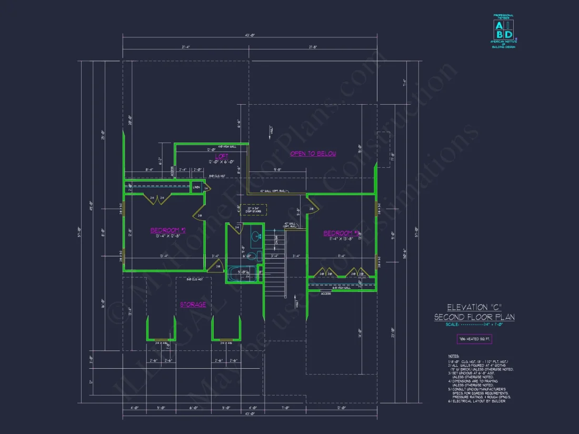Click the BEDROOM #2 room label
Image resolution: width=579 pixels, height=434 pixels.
[168, 230]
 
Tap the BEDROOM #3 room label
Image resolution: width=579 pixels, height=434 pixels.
[341, 233]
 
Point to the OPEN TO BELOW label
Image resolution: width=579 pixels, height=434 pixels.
[313, 154]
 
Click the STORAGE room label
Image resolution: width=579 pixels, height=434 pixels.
[193, 305]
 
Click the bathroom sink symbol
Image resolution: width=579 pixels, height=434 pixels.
[256, 237]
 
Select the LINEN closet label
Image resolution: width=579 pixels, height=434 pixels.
[196, 187]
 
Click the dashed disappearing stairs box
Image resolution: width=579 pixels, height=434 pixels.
[253, 210]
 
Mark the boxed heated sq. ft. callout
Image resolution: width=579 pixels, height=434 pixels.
[474, 339]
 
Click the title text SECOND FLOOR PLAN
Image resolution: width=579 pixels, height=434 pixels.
[474, 317]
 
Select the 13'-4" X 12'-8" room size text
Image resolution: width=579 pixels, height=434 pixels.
[168, 237]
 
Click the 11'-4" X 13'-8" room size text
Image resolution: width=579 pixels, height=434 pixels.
[341, 239]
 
